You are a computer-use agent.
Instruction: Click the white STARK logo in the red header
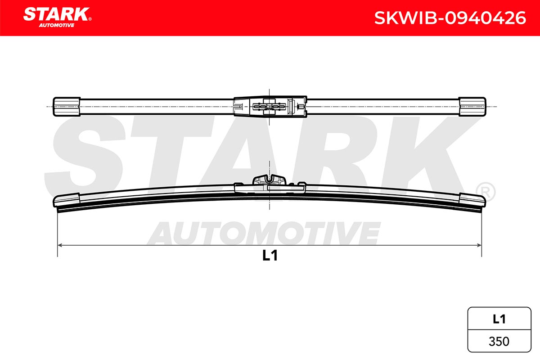click(x=56, y=14)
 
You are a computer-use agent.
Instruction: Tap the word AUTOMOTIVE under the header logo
click(x=57, y=25)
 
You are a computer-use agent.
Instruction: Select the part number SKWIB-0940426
click(x=450, y=18)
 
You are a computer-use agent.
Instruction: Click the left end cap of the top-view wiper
click(x=67, y=107)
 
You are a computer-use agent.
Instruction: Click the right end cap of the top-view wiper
click(x=472, y=107)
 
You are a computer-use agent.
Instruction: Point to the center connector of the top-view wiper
click(x=270, y=107)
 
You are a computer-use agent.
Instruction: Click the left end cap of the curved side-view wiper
click(x=66, y=200)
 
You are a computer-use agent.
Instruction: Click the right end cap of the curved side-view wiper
click(x=472, y=200)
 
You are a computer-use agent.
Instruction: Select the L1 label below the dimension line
click(x=270, y=255)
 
